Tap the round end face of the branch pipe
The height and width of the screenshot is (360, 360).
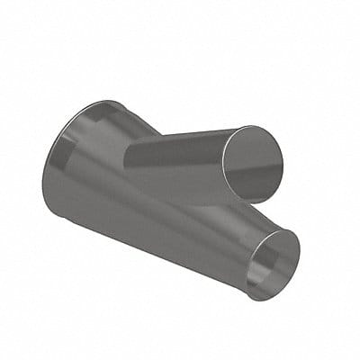pyautogui.click(x=252, y=164)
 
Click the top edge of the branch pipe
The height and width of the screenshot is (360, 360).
pyautogui.click(x=180, y=134)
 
